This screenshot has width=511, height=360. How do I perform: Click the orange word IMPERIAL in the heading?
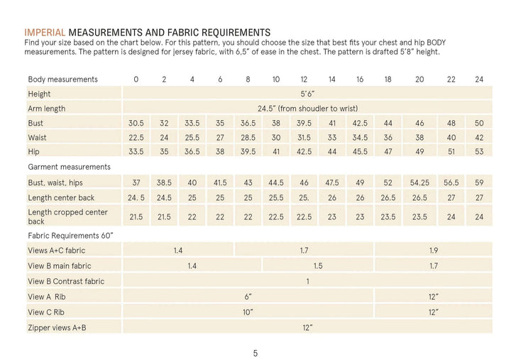coord(45,33)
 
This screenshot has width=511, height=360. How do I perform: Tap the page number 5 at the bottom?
coord(255,353)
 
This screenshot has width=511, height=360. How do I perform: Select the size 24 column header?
coord(478,79)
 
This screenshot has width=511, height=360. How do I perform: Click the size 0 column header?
coord(136,79)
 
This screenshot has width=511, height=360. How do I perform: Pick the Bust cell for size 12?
coord(304,123)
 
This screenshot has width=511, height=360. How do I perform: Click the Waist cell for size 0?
coord(136,137)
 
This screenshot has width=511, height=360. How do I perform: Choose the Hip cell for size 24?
coord(478,152)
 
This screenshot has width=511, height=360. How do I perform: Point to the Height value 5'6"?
coord(307,94)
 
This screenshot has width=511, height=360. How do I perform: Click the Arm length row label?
coord(47,109)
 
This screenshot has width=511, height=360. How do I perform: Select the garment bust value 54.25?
coord(419,182)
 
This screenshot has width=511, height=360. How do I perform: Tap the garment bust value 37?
coord(136,182)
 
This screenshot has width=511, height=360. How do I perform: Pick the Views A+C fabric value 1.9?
coord(434,251)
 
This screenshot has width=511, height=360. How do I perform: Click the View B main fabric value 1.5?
coord(318,266)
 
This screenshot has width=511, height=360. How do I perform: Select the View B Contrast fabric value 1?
coord(307,281)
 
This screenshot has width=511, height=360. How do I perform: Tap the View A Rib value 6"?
coord(248,296)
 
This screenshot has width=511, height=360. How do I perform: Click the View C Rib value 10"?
coord(248,312)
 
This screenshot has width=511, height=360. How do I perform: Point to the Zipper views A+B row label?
coord(57,327)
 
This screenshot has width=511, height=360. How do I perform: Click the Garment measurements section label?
coord(69,167)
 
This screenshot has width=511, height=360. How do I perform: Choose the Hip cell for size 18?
coord(388,152)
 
